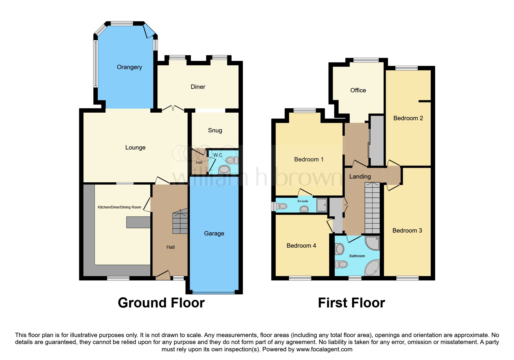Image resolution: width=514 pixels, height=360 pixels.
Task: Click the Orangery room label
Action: (x=129, y=67)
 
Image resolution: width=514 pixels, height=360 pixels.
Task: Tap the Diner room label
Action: (x=198, y=87)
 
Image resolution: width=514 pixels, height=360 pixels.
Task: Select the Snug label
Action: (x=215, y=130)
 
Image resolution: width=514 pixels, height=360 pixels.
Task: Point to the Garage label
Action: (x=214, y=233)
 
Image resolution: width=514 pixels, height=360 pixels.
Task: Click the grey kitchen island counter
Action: (x=138, y=222)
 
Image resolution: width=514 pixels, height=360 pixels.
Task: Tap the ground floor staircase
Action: (x=180, y=223)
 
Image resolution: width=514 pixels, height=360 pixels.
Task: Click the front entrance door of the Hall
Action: (x=163, y=275)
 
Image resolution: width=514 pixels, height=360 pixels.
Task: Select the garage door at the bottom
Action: (x=214, y=292)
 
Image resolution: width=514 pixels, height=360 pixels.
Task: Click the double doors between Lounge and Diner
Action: (x=173, y=109)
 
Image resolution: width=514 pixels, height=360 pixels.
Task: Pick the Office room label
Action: (x=358, y=90)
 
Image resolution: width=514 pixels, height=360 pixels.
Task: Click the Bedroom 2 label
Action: (x=408, y=118)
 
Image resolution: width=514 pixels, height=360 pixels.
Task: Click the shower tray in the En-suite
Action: (x=322, y=205)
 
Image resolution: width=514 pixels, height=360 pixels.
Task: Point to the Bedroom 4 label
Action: (x=301, y=246)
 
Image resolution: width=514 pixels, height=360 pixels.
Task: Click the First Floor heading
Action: (x=351, y=303)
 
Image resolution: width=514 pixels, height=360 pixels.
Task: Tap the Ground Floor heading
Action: (x=161, y=303)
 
